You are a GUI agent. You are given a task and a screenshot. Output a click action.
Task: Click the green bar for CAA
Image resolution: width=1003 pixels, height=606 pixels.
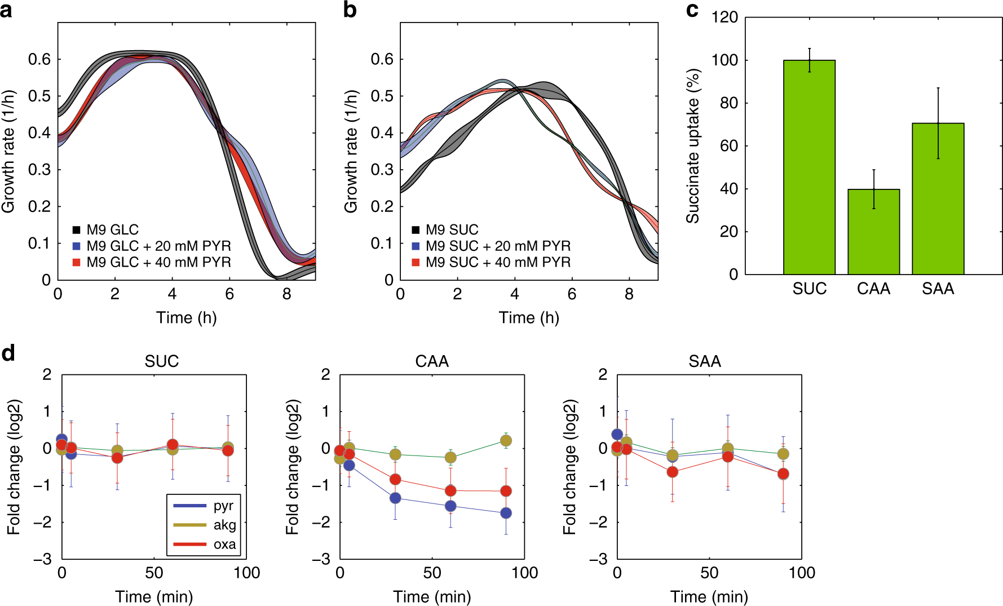pyautogui.click(x=873, y=232)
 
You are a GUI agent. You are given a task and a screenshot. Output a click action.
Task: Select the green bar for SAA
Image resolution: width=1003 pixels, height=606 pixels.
pyautogui.click(x=938, y=198)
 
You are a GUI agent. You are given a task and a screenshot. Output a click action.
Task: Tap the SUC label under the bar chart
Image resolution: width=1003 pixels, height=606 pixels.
pyautogui.click(x=809, y=289)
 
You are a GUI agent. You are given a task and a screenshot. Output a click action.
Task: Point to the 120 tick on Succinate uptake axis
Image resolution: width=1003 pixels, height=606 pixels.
pyautogui.click(x=724, y=17)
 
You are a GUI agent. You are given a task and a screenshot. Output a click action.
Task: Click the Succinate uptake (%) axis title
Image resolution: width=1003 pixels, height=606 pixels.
pyautogui.click(x=693, y=145)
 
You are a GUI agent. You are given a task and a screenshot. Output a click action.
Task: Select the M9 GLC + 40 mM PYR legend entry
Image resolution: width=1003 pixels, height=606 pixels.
pyautogui.click(x=158, y=262)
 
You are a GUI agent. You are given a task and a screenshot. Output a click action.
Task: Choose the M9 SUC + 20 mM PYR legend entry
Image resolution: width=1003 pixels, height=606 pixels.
pyautogui.click(x=497, y=246)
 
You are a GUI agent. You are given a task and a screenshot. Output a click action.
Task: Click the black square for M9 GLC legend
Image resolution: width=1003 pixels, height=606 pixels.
pyautogui.click(x=76, y=230)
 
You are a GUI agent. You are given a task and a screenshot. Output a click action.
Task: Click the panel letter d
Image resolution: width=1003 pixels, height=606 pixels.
pyautogui.click(x=8, y=353)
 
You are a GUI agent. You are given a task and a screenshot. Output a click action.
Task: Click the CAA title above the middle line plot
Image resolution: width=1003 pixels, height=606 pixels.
pyautogui.click(x=432, y=361)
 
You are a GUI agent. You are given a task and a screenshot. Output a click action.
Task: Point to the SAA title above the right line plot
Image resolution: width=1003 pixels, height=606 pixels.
pyautogui.click(x=705, y=361)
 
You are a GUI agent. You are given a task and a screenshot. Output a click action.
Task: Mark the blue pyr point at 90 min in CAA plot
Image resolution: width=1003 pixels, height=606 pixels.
pyautogui.click(x=506, y=513)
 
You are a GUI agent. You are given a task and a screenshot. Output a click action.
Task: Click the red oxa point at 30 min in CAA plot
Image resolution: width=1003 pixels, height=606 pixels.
pyautogui.click(x=395, y=480)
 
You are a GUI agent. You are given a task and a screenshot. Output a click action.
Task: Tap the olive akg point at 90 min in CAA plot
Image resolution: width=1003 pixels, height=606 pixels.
pyautogui.click(x=506, y=441)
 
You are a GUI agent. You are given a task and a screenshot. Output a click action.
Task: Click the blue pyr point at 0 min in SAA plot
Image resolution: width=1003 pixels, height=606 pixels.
pyautogui.click(x=617, y=434)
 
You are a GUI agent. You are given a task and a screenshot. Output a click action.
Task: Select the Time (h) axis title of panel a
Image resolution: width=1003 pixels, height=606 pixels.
pyautogui.click(x=186, y=317)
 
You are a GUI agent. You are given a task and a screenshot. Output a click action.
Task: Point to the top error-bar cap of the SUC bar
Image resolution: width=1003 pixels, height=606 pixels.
pyautogui.click(x=809, y=48)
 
